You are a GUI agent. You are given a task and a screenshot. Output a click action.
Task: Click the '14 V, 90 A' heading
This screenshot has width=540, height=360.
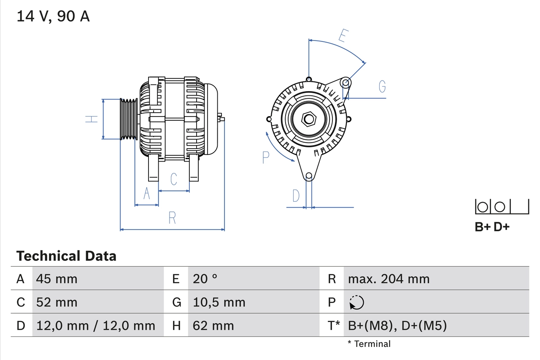point(53,16)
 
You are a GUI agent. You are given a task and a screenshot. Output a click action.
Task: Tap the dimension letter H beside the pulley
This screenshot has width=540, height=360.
point(92,119)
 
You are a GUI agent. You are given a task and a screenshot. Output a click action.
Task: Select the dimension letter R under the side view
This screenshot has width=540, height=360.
point(172,218)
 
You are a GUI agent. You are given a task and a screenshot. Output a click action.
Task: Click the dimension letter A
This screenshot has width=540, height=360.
point(147,194)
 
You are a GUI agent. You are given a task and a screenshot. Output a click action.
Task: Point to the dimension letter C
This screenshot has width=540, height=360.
point(174,179)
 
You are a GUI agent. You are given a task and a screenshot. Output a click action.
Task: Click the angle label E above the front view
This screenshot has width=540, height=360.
point(343,36)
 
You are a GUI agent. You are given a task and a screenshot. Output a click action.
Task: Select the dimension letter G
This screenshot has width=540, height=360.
point(382,87)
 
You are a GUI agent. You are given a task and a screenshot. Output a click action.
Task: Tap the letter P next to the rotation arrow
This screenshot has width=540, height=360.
point(265,157)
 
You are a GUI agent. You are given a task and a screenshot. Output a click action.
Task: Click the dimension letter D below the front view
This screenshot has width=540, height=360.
point(296,196)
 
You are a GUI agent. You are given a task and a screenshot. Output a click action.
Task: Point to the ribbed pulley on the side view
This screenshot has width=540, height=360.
point(129,119)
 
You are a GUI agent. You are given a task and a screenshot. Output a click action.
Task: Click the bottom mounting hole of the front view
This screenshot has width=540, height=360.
point(309,176)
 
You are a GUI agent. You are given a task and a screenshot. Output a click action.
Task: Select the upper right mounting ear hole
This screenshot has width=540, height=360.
point(346,82)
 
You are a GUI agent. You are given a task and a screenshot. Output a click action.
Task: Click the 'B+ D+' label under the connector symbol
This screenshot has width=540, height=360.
point(492,227)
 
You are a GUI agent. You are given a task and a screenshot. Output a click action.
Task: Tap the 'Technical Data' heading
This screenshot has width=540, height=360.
point(66,256)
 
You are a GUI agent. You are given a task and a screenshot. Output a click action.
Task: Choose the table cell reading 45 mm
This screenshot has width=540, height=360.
point(57,279)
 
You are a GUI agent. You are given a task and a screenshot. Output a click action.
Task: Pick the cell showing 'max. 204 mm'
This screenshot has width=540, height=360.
point(389,279)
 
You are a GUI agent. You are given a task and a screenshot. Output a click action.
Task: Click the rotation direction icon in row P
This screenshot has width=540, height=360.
point(356,303)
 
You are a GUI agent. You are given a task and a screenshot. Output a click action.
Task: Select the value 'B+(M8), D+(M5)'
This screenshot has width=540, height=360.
point(397,325)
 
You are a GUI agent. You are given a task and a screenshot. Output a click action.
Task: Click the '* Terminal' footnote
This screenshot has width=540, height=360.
point(369,344)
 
